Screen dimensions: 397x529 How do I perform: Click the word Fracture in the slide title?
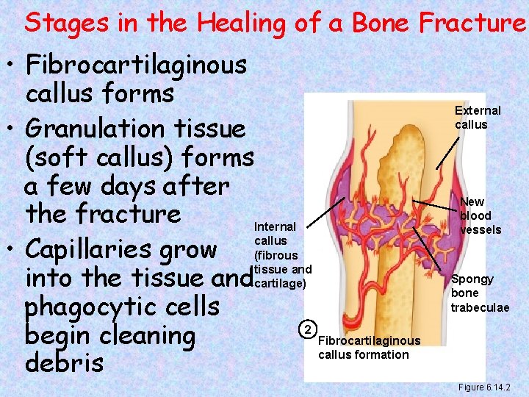click(473, 24)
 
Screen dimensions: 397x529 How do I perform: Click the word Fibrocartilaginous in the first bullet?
click(136, 65)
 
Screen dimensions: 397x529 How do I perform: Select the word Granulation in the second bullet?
click(98, 129)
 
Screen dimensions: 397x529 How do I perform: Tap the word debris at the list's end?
click(64, 364)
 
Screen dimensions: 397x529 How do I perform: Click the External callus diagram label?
click(478, 118)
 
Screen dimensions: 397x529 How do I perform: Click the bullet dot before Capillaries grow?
click(12, 251)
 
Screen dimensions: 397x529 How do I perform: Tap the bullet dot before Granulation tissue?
click(12, 129)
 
